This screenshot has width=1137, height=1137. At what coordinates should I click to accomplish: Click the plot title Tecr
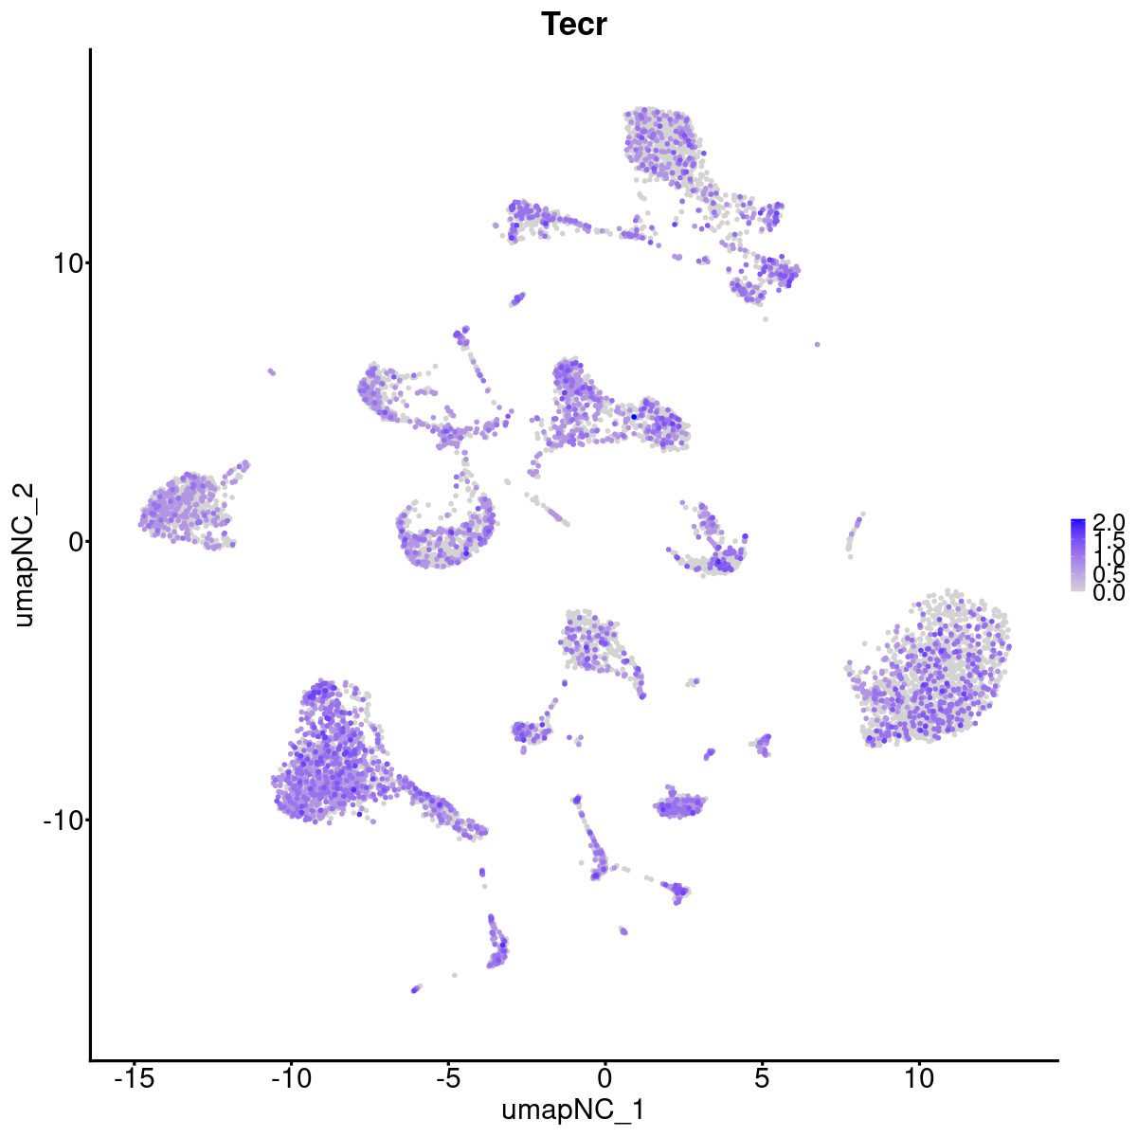(x=573, y=25)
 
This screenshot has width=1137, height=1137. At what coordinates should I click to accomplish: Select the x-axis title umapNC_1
(x=573, y=1110)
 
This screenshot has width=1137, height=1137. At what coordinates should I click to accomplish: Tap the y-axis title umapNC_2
(x=25, y=554)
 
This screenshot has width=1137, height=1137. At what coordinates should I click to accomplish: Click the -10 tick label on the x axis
(x=291, y=1078)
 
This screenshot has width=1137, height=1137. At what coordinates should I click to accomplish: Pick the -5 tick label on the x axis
(x=448, y=1078)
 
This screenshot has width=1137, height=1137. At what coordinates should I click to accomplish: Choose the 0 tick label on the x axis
(x=605, y=1078)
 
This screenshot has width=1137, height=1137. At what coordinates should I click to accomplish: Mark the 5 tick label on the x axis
(x=762, y=1078)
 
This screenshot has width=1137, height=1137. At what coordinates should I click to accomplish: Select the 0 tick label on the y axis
(x=71, y=541)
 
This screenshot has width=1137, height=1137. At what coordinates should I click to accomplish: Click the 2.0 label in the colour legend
(x=1108, y=522)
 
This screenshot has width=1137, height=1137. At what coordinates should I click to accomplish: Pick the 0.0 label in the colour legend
(x=1108, y=593)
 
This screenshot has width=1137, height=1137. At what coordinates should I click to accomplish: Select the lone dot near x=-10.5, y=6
(x=271, y=371)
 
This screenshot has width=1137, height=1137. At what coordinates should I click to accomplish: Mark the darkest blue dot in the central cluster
(x=634, y=417)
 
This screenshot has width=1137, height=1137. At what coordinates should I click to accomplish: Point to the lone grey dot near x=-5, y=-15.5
(x=455, y=975)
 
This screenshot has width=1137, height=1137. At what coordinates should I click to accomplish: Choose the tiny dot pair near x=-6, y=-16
(x=415, y=989)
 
